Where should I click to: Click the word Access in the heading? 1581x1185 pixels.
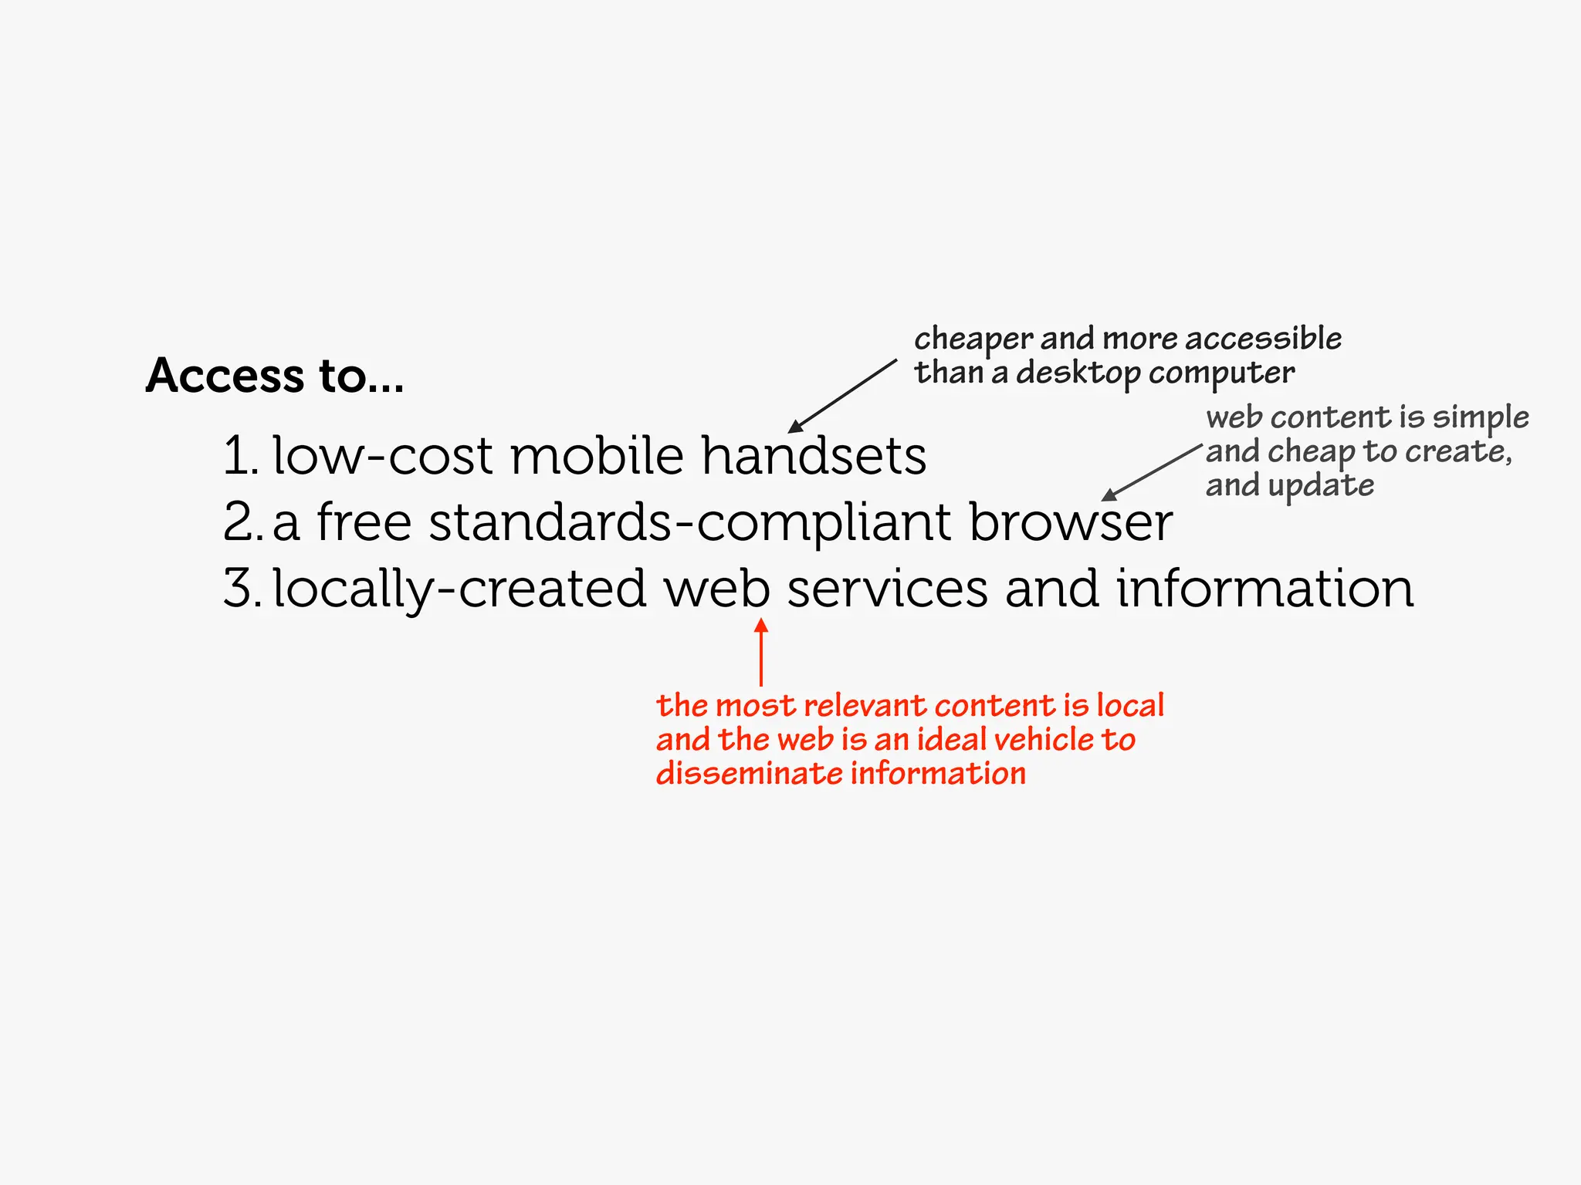[225, 376]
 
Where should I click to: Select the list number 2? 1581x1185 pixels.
[239, 522]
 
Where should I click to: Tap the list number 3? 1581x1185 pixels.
[239, 589]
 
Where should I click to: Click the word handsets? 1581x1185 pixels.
[814, 455]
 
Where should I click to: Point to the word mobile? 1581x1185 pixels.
[597, 455]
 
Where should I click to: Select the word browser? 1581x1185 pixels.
[1071, 522]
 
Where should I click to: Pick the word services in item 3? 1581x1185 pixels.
[887, 589]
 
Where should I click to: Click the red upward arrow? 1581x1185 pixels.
[761, 651]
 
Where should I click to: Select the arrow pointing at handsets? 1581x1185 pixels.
[842, 395]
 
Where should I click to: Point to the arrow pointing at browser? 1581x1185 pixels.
[1151, 472]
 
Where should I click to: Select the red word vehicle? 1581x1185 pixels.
[1042, 739]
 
